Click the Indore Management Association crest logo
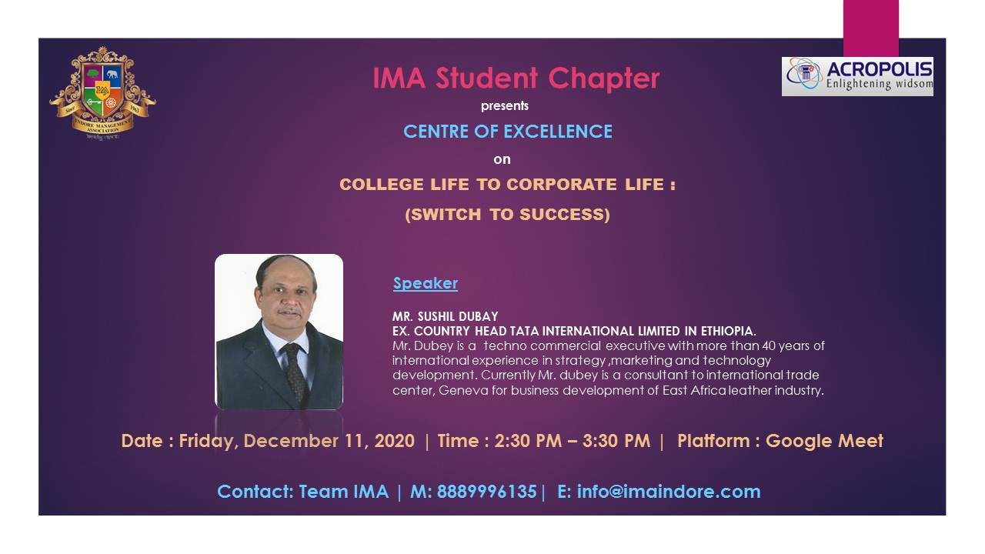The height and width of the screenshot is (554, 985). pyautogui.click(x=102, y=93)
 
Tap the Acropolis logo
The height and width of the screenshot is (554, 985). pyautogui.click(x=857, y=76)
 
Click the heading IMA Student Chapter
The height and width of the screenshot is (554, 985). pyautogui.click(x=516, y=78)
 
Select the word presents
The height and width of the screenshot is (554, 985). pyautogui.click(x=504, y=106)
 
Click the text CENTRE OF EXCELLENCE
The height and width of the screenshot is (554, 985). pyautogui.click(x=508, y=132)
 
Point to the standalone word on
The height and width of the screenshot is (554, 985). pyautogui.click(x=502, y=159)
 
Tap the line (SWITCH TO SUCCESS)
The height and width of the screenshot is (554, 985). pyautogui.click(x=507, y=215)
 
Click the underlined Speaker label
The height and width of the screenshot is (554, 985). pyautogui.click(x=426, y=284)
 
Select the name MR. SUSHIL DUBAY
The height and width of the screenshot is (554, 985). pyautogui.click(x=446, y=316)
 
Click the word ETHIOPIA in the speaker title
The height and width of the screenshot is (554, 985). pyautogui.click(x=728, y=331)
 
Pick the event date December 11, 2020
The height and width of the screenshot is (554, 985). pyautogui.click(x=329, y=441)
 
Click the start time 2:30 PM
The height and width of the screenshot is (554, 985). pyautogui.click(x=528, y=441)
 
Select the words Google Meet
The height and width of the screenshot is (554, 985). pyautogui.click(x=824, y=441)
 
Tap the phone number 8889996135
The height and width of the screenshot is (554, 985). pyautogui.click(x=487, y=492)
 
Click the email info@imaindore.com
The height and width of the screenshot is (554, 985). pyautogui.click(x=669, y=492)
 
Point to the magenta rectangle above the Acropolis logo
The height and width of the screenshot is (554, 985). pyautogui.click(x=870, y=28)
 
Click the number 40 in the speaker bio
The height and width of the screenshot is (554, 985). pyautogui.click(x=769, y=346)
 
